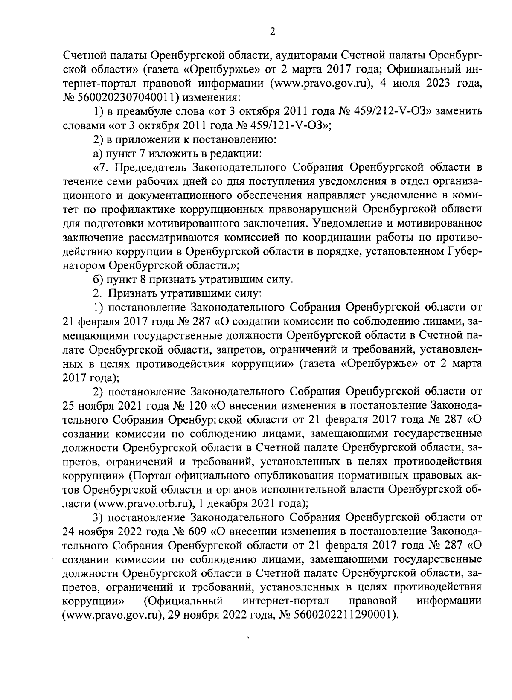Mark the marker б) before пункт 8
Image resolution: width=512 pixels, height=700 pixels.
click(99, 280)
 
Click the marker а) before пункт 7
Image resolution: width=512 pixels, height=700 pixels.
click(99, 154)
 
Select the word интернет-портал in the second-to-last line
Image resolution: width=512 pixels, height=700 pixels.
click(285, 602)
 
